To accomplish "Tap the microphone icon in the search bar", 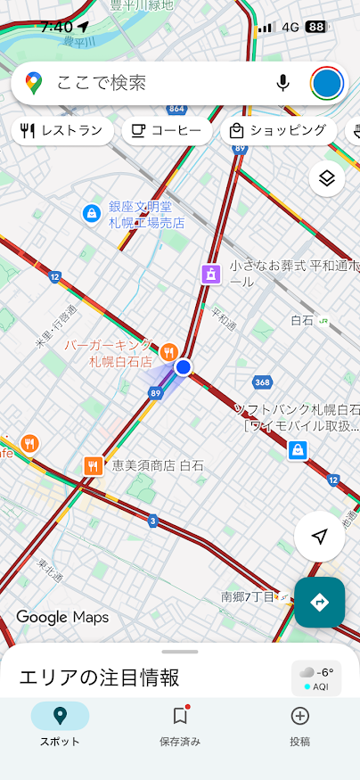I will pyautogui.click(x=282, y=83).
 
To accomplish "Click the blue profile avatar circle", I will pyautogui.click(x=327, y=83).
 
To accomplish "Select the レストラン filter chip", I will pyautogui.click(x=62, y=131).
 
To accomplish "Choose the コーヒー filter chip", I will pyautogui.click(x=166, y=131).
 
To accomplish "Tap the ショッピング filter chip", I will pyautogui.click(x=277, y=131).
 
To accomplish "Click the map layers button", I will pyautogui.click(x=327, y=179).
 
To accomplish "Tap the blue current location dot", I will pyautogui.click(x=184, y=367).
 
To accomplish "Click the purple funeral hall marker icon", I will pyautogui.click(x=210, y=274).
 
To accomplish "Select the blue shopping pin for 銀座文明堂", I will pyautogui.click(x=91, y=213).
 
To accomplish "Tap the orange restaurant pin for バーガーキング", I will pyautogui.click(x=169, y=351).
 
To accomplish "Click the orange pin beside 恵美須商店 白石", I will pyautogui.click(x=94, y=465).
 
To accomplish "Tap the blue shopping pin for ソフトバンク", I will pyautogui.click(x=297, y=450).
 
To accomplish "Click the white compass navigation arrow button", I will pyautogui.click(x=319, y=537).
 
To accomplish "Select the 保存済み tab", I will pyautogui.click(x=180, y=725).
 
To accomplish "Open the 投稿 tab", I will pyautogui.click(x=300, y=725).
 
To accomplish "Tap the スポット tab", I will pyautogui.click(x=60, y=725).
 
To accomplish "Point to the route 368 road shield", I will pyautogui.click(x=262, y=382).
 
